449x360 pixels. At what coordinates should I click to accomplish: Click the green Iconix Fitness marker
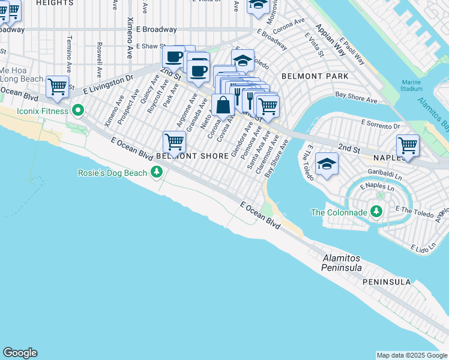click(77, 110)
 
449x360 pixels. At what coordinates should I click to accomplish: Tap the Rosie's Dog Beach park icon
click(157, 173)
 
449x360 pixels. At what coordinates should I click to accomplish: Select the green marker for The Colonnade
click(376, 212)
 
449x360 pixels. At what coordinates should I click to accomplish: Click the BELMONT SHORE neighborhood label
click(192, 156)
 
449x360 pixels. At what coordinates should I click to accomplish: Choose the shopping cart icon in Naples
click(408, 145)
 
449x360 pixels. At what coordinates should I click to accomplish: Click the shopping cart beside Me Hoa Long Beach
click(57, 86)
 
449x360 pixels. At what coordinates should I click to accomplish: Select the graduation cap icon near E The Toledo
click(327, 163)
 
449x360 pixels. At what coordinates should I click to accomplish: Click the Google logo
click(20, 353)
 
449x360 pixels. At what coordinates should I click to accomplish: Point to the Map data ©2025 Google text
click(411, 355)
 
